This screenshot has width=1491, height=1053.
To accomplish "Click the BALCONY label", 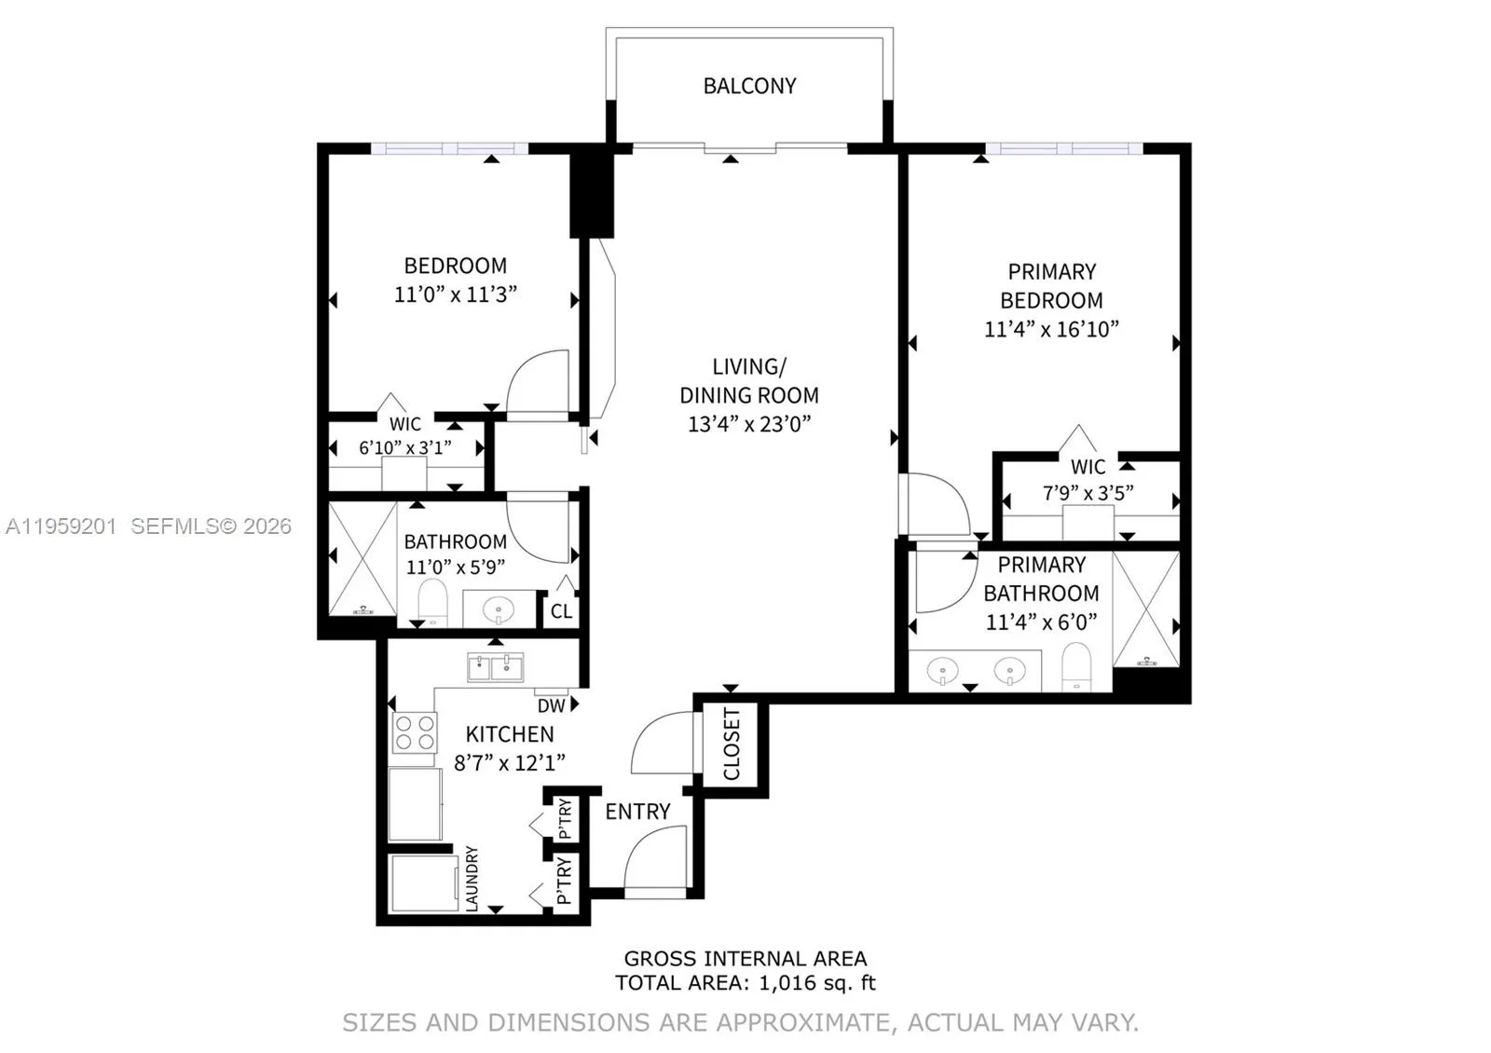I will [749, 86].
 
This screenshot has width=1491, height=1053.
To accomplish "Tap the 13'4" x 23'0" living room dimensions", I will [749, 424].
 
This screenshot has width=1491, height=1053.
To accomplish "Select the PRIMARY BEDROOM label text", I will [1051, 286].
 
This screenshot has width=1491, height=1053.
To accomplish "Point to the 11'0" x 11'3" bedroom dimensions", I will [455, 294].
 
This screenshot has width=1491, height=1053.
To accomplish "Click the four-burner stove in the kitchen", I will [415, 732].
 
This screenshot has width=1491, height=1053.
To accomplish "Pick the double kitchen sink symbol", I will [495, 667].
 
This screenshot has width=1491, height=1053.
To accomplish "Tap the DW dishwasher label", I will [551, 706].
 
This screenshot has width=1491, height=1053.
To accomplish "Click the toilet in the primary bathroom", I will [1076, 666].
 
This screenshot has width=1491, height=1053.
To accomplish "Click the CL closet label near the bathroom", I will [561, 611].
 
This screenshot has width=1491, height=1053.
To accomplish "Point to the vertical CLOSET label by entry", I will [732, 745].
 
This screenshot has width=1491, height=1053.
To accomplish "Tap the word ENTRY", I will [637, 812].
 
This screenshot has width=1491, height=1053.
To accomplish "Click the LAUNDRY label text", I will [472, 879].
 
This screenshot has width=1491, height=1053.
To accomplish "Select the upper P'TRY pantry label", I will [564, 818].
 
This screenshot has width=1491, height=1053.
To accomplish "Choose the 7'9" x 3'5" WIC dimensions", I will [1087, 493].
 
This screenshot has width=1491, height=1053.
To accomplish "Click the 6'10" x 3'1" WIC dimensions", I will [404, 448].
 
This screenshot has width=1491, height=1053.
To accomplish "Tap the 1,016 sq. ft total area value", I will [817, 983].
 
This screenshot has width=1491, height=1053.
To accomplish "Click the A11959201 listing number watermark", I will [61, 526].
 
